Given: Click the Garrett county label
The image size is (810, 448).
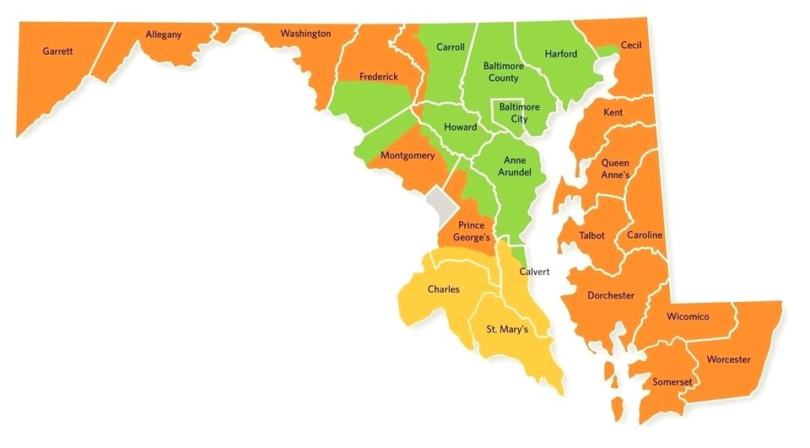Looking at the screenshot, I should [x=57, y=51].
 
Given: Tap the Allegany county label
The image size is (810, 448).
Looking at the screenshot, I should [x=163, y=35].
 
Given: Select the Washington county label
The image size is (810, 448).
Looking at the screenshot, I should [x=305, y=34].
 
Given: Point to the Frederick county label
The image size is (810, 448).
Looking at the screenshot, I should [x=378, y=77].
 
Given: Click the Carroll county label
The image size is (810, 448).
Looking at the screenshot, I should [x=450, y=47].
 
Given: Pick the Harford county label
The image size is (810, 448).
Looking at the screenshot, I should [x=560, y=54].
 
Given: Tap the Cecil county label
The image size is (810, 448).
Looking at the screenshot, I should [x=631, y=45].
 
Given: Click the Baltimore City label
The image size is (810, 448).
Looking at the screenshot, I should [x=519, y=113].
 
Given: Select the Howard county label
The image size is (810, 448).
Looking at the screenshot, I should [x=460, y=127].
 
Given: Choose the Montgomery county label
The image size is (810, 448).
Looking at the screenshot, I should [x=407, y=156].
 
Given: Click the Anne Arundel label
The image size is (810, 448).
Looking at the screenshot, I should [x=515, y=166].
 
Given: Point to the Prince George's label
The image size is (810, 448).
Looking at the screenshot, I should [x=471, y=232].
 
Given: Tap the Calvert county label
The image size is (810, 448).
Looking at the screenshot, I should [x=534, y=273].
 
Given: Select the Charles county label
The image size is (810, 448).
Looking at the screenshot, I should [x=443, y=289].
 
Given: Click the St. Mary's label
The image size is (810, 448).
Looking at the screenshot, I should [x=506, y=329].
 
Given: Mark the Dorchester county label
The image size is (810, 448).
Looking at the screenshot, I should [x=610, y=296].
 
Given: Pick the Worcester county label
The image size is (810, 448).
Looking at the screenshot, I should [x=727, y=359].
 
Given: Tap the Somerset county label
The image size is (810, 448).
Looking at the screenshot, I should [x=672, y=382].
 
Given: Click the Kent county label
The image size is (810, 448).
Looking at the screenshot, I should [x=613, y=112].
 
